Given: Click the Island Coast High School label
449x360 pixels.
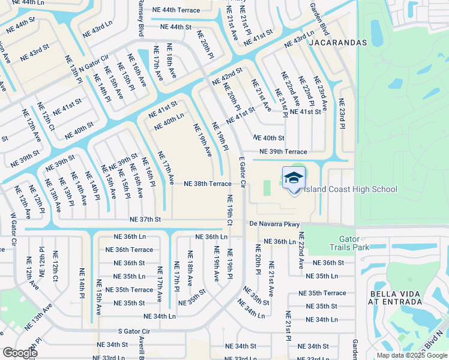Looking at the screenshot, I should pos(351,190).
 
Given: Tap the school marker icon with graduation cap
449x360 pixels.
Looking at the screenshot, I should pos(294,178).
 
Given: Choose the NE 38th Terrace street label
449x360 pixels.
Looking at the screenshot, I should pos(207,184).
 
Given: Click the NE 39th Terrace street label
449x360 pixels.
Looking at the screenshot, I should pos(283,152).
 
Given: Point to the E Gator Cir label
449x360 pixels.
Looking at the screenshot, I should pos(243,173).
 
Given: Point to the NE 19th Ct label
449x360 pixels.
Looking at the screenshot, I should pos(229,211).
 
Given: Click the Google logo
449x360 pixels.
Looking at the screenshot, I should pos(20,353).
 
